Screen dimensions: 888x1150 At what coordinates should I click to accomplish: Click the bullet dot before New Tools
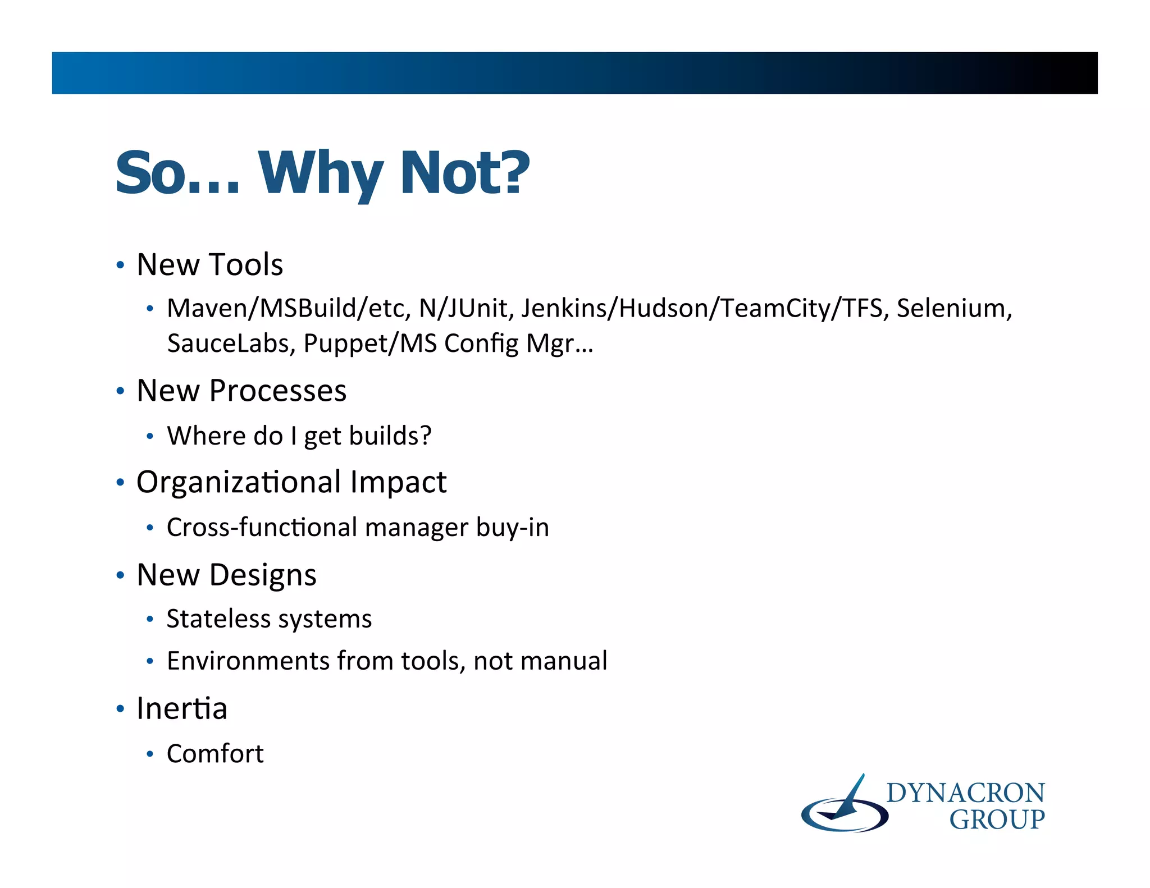click(x=120, y=265)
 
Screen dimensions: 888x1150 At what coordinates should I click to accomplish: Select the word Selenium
click(x=953, y=308)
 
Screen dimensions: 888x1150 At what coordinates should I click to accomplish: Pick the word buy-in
click(x=512, y=528)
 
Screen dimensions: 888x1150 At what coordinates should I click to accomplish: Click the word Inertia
click(x=181, y=708)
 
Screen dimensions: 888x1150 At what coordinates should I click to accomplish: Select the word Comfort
click(x=215, y=754)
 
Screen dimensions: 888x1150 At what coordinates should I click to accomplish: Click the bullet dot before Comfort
click(x=149, y=754)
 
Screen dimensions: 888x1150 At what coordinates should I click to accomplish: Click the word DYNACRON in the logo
click(x=965, y=793)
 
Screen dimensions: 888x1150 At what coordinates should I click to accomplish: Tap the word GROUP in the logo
click(x=997, y=820)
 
